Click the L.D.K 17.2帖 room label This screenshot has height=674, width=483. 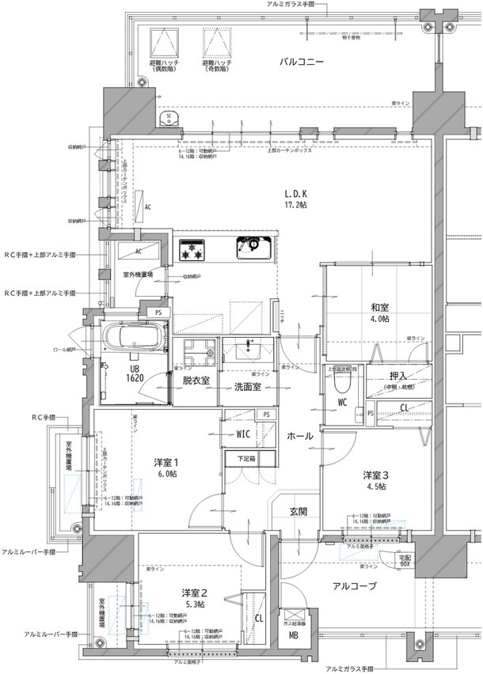tap(297, 199)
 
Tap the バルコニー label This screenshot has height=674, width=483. tap(302, 61)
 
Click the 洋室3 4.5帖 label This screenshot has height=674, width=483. tap(375, 480)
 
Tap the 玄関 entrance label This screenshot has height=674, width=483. tap(298, 510)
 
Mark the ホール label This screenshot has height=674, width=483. tap(299, 436)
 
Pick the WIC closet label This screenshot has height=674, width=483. tap(244, 434)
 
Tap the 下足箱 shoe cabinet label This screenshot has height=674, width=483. tap(248, 458)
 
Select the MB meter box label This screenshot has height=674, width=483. tap(293, 634)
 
